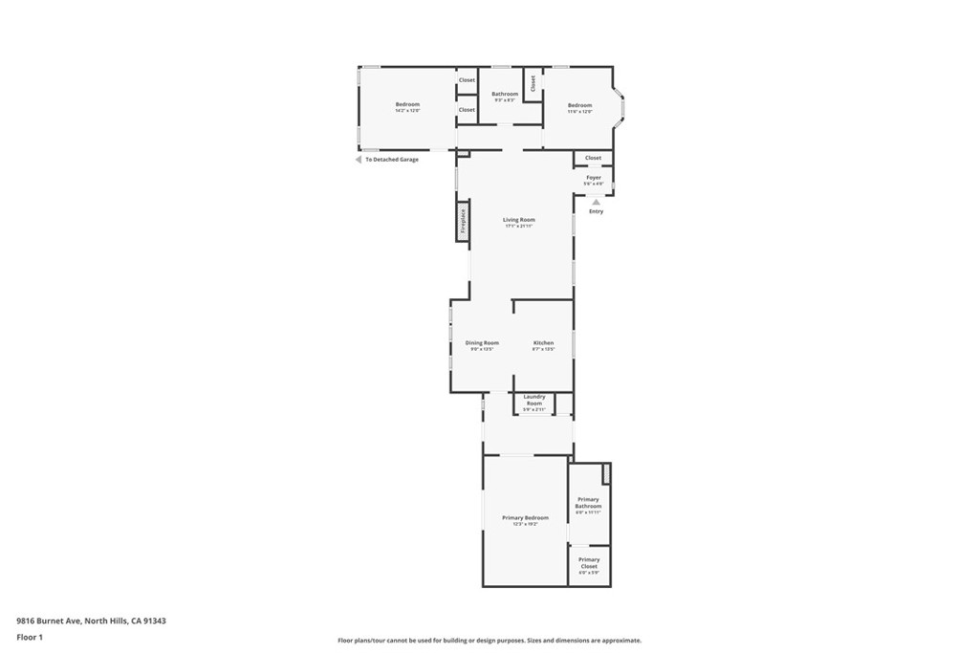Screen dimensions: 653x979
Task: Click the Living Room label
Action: click(x=519, y=220)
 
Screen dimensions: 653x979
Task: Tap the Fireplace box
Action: click(x=463, y=221)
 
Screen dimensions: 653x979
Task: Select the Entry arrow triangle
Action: click(x=596, y=202)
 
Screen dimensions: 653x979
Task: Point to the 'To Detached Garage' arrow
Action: click(x=359, y=160)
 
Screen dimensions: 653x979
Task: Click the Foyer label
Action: click(x=594, y=177)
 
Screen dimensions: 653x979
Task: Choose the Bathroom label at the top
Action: click(x=505, y=94)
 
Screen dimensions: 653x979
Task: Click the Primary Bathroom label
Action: click(x=588, y=503)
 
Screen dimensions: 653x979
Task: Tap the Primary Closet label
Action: click(x=589, y=562)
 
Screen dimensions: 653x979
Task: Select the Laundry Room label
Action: click(x=533, y=400)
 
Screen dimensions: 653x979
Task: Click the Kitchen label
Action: click(x=543, y=342)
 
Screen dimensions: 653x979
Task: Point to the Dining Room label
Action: click(x=482, y=342)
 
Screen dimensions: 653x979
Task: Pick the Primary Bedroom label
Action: click(x=525, y=517)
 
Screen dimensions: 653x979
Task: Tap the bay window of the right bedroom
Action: click(x=620, y=108)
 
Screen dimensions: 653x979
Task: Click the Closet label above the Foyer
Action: click(x=593, y=158)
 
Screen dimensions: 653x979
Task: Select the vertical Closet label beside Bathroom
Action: click(x=533, y=83)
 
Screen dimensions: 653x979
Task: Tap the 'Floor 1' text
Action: click(x=30, y=637)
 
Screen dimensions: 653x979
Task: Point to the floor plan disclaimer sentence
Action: click(x=489, y=641)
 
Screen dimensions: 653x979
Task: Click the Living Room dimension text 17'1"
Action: click(x=519, y=227)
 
